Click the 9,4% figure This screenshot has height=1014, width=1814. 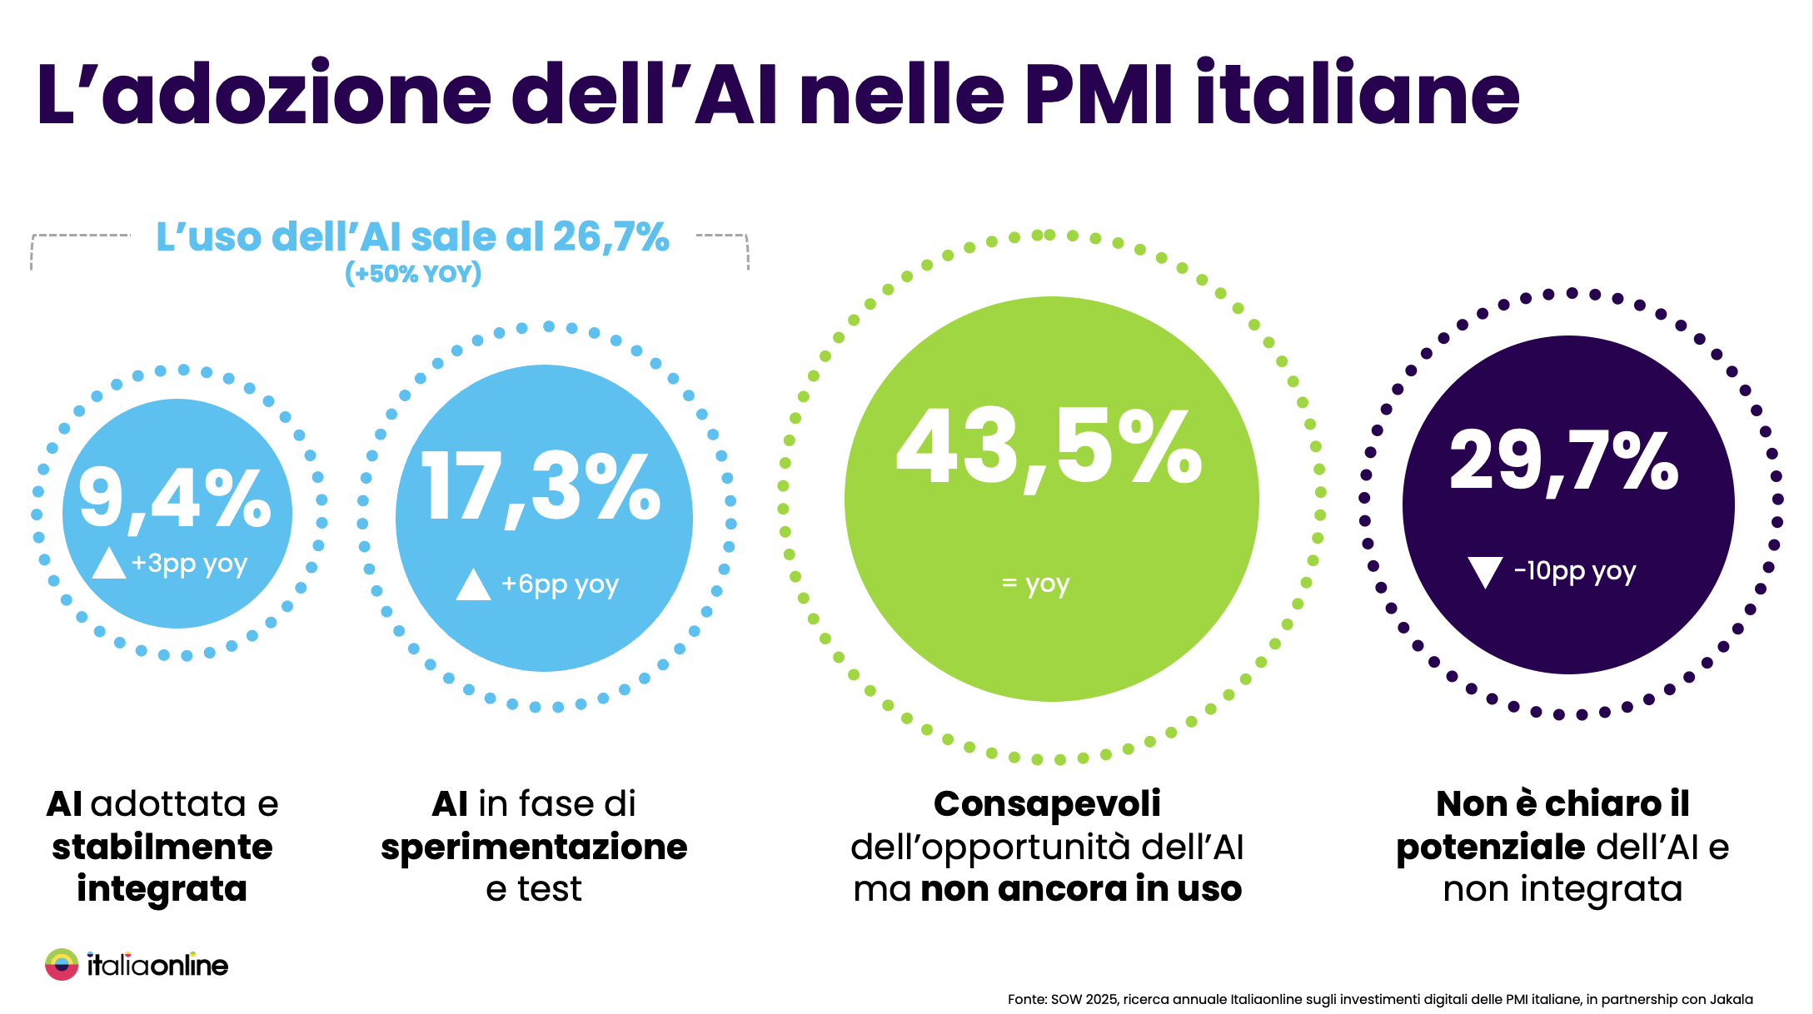175,498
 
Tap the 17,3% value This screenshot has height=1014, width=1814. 541,487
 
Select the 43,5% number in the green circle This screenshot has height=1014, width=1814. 1049,448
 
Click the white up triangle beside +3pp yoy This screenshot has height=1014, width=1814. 108,564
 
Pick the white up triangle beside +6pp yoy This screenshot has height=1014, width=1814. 473,584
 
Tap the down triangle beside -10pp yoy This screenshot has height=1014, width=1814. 1485,572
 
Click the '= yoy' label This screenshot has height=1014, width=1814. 1035,584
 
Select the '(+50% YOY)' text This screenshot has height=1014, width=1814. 413,273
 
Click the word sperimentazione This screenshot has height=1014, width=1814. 534,847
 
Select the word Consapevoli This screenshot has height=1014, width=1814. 1047,804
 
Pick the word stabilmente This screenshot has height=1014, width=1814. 162,847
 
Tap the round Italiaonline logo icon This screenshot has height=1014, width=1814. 62,965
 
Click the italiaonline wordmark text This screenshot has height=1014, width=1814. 157,966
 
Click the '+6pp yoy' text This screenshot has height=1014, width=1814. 560,584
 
